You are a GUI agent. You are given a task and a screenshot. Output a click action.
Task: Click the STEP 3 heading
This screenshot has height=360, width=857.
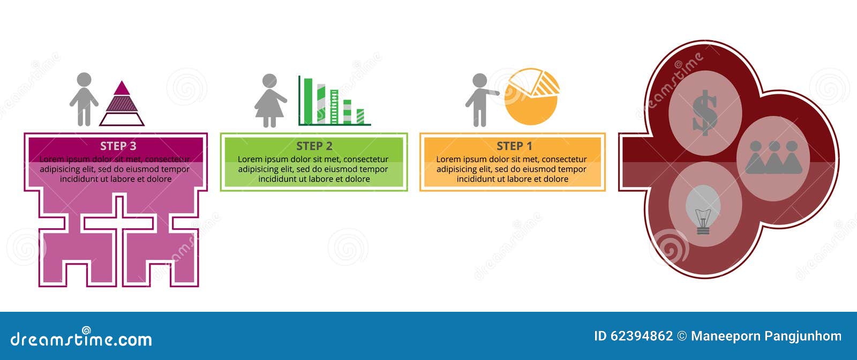click(x=118, y=146)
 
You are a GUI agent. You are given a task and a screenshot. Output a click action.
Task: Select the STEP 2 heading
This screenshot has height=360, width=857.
click(x=314, y=146)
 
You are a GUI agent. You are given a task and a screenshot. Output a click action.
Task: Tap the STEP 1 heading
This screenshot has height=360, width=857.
click(x=514, y=146)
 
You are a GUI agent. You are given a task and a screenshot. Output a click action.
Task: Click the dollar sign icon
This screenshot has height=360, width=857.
click(x=704, y=112)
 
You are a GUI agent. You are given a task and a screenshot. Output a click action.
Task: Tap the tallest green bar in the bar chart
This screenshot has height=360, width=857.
click(x=307, y=101)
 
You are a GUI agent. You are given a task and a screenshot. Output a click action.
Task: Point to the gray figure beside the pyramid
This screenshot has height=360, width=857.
click(x=84, y=100)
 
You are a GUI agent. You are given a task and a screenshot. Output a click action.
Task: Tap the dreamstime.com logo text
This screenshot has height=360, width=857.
click(x=81, y=339)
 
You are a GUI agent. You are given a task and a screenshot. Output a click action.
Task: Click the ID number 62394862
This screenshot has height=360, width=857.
click(x=641, y=336)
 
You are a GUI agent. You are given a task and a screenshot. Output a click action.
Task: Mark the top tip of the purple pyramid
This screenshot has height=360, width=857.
click(x=122, y=82)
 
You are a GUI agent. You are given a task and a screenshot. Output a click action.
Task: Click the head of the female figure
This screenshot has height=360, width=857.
click(x=269, y=80)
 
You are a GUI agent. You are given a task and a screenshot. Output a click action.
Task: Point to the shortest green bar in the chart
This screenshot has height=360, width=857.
click(x=360, y=116)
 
